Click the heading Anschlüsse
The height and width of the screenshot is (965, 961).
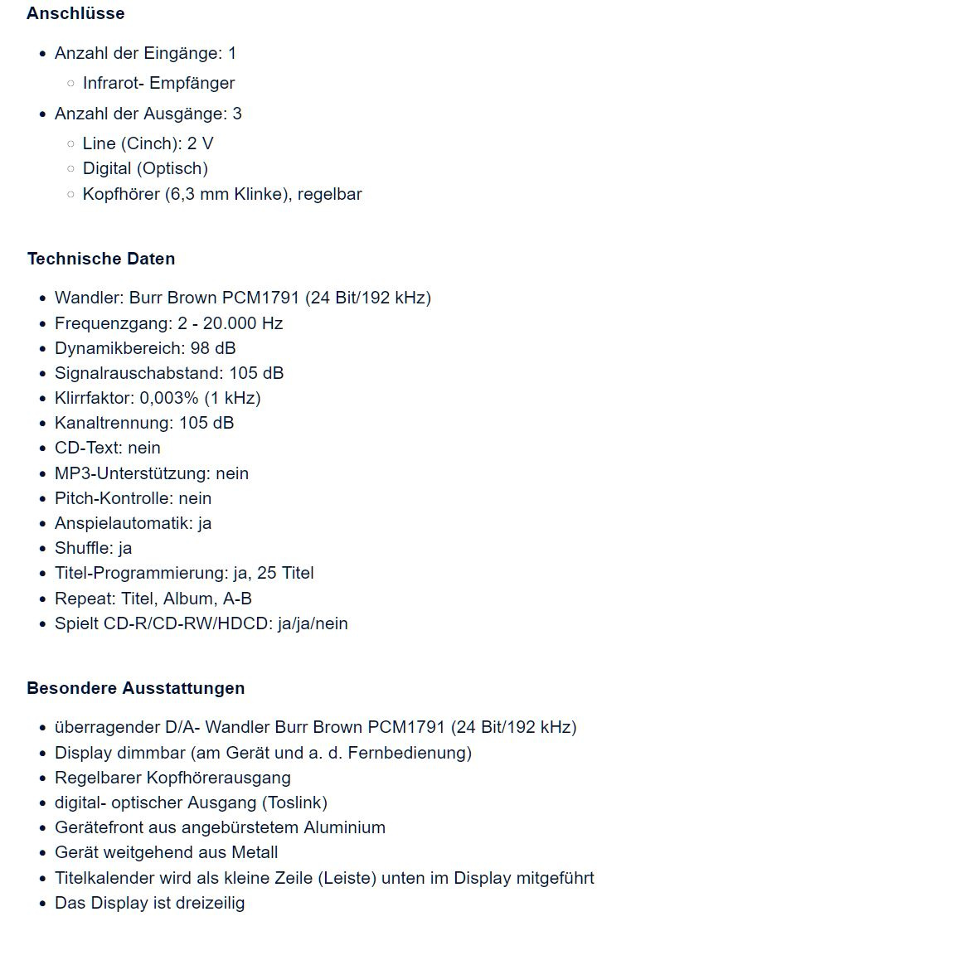click(x=75, y=13)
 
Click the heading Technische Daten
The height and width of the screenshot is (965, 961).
click(x=101, y=259)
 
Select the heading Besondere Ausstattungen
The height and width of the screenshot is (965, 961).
click(x=135, y=688)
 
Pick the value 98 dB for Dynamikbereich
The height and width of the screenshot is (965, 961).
click(x=213, y=348)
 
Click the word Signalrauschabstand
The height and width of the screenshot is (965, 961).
click(x=138, y=373)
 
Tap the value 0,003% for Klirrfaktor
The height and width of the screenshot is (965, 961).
click(x=169, y=398)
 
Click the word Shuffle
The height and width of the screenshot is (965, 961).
click(x=83, y=548)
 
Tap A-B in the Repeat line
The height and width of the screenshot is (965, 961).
click(x=237, y=599)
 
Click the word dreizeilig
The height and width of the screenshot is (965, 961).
click(x=210, y=903)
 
